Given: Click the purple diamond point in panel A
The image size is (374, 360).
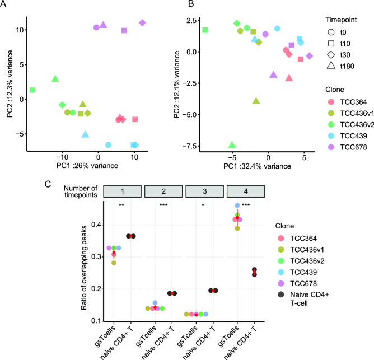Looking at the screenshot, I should (142, 23).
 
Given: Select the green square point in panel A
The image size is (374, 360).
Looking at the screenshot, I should (32, 90).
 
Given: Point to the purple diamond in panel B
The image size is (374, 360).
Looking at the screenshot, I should (310, 56).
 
